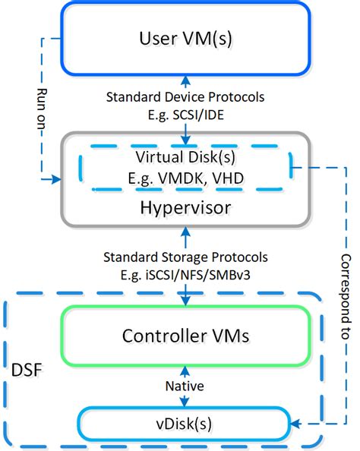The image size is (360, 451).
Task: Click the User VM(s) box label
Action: coord(185,37)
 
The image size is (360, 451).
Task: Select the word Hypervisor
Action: coord(185,207)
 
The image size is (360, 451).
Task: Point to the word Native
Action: coord(185,386)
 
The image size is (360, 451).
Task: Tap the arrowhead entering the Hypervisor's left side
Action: coord(56,180)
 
